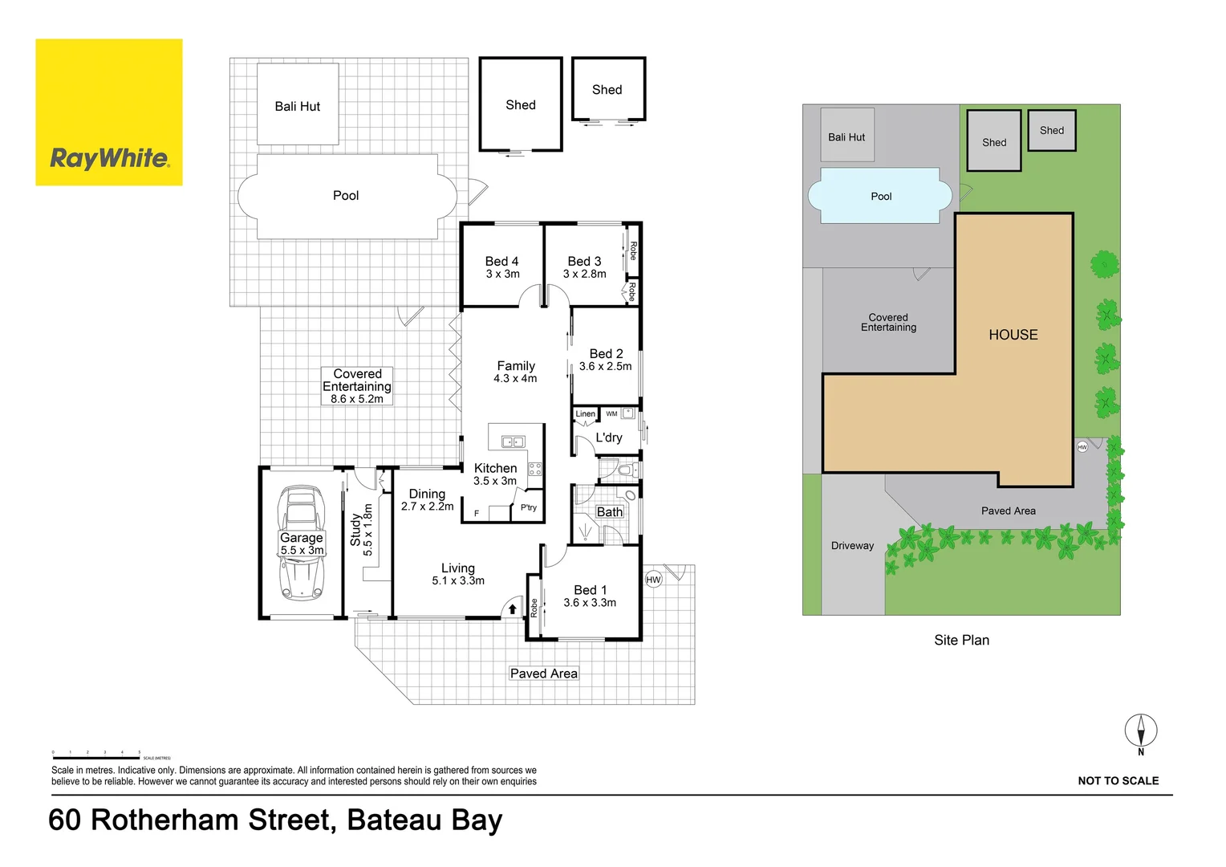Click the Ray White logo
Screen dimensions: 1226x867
109,112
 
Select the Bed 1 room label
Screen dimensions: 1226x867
590,596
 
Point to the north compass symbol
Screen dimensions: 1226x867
1140,731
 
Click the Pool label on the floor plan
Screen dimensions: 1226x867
346,195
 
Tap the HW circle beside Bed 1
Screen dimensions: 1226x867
653,580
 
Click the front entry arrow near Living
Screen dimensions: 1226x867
513,609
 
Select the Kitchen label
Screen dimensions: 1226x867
495,468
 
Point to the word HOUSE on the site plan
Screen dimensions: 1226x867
1013,335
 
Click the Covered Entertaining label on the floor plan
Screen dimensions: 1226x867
357,385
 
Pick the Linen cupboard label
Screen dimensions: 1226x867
585,414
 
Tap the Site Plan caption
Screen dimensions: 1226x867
961,640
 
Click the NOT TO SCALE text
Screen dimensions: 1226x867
1118,780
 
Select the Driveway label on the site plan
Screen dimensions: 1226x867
852,545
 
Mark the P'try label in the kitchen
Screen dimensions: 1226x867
528,507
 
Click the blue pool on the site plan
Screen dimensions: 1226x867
880,196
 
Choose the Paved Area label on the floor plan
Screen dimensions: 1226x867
543,674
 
